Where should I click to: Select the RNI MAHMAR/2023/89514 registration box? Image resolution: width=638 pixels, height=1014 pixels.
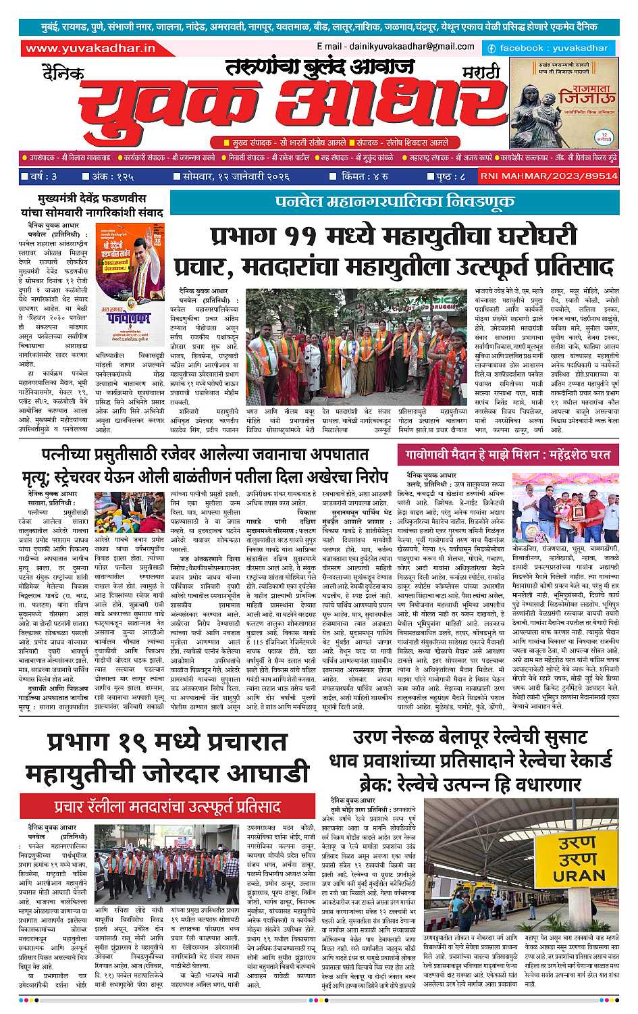click(x=549, y=176)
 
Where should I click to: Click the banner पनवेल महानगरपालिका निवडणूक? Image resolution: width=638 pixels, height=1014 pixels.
click(x=394, y=202)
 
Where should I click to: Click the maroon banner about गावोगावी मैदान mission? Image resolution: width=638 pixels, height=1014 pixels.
click(x=507, y=453)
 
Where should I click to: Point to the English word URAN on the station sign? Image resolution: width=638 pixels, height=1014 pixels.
click(x=579, y=876)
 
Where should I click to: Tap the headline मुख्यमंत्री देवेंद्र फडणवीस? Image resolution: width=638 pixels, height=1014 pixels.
click(x=92, y=199)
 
